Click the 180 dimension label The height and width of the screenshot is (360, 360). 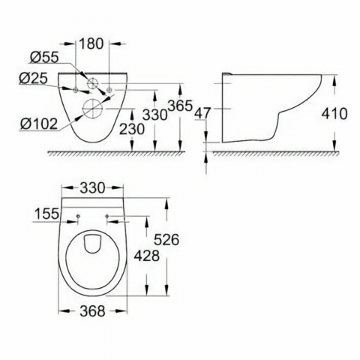pyautogui.click(x=91, y=43)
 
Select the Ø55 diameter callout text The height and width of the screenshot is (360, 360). pyautogui.click(x=44, y=57)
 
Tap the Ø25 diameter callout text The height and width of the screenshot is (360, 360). pyautogui.click(x=33, y=79)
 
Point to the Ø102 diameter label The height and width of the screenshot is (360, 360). pyautogui.click(x=39, y=124)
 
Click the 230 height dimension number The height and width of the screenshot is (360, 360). pyautogui.click(x=132, y=129)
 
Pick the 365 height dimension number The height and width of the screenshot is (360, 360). pyautogui.click(x=180, y=106)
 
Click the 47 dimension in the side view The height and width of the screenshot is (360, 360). pyautogui.click(x=202, y=113)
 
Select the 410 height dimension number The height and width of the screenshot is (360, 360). pyautogui.click(x=334, y=114)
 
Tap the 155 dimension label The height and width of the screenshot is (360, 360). pyautogui.click(x=46, y=214)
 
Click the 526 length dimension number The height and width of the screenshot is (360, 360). pyautogui.click(x=166, y=240)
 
